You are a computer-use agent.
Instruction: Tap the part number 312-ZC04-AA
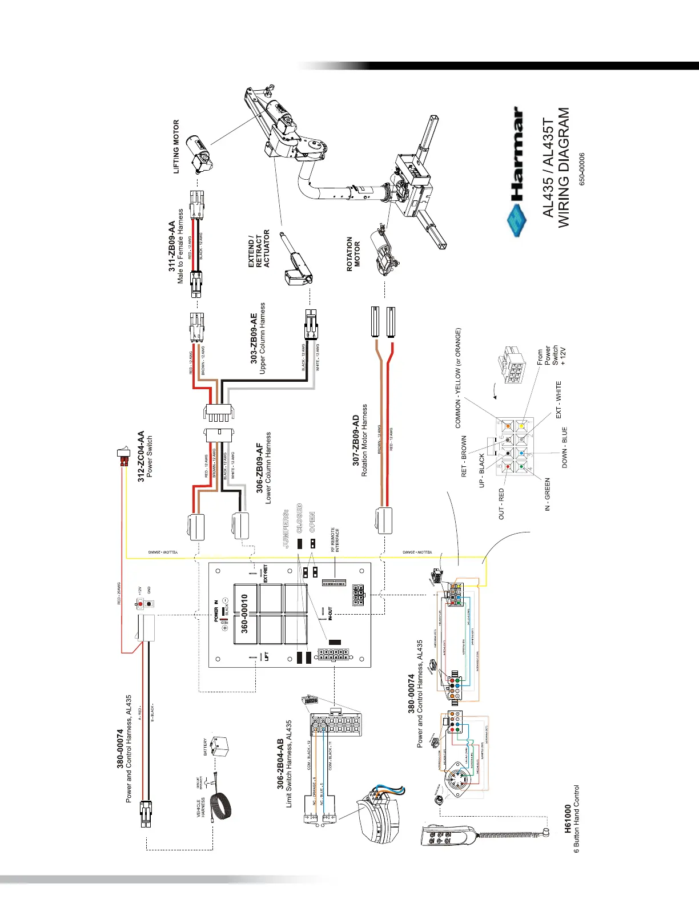pyautogui.click(x=140, y=457)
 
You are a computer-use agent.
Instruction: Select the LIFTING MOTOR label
pyautogui.click(x=176, y=146)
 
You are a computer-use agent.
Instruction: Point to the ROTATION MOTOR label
pyautogui.click(x=353, y=253)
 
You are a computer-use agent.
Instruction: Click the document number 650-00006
pyautogui.click(x=582, y=168)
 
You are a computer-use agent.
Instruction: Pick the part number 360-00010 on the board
pyautogui.click(x=244, y=614)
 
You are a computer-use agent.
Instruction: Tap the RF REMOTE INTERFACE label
pyautogui.click(x=336, y=539)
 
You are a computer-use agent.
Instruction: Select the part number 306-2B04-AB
pyautogui.click(x=280, y=764)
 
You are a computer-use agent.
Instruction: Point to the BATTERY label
pyautogui.click(x=206, y=747)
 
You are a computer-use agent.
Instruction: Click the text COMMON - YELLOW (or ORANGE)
pyautogui.click(x=458, y=378)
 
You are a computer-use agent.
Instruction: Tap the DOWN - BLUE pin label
pyautogui.click(x=565, y=447)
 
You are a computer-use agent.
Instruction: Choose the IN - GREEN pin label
pyautogui.click(x=547, y=494)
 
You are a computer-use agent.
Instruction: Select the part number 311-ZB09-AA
pyautogui.click(x=172, y=247)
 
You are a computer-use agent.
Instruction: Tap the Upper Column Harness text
pyautogui.click(x=263, y=338)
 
